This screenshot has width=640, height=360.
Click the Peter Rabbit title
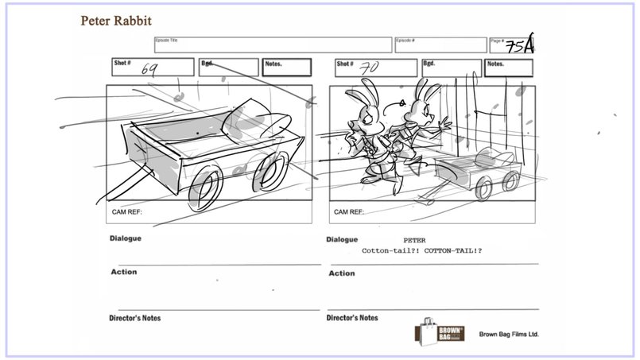[x=116, y=19]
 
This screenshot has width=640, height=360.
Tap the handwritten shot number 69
[x=149, y=69]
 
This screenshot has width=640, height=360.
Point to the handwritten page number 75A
[x=524, y=45]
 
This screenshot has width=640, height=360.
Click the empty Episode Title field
[x=272, y=45]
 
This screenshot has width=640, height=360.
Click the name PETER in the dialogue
[x=413, y=239]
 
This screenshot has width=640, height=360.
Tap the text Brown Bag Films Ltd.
[x=509, y=335]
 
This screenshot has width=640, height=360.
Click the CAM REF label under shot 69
[x=129, y=212]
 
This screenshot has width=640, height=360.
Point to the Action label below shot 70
[x=340, y=273]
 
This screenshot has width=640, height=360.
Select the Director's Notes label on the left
[x=135, y=318]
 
